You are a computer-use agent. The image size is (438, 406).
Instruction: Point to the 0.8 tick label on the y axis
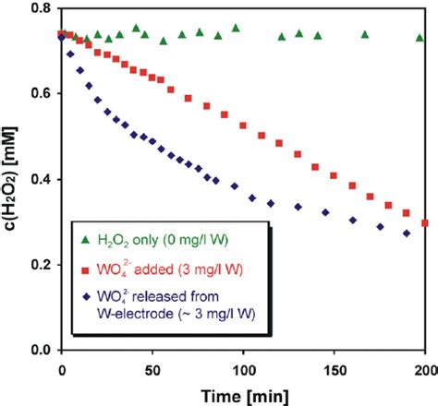coord(40,9)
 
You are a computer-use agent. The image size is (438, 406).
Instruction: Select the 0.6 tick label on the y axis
coord(40,94)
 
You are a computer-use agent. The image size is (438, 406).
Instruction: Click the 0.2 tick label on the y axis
coord(40,265)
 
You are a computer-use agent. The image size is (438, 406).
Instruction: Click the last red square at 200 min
coord(424,223)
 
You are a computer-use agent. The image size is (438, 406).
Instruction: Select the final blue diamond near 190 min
coord(406,233)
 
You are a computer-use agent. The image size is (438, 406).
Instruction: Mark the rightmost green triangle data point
coord(422,37)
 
